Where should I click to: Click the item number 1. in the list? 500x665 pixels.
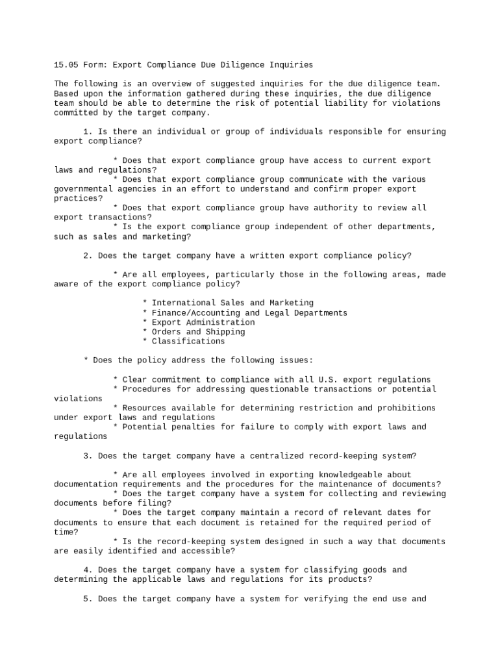88,132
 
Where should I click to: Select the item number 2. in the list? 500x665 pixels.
88,256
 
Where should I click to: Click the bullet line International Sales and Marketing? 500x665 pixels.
232,303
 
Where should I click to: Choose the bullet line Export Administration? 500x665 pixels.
203,322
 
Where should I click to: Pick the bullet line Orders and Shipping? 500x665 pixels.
198,332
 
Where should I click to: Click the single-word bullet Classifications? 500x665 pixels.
188,342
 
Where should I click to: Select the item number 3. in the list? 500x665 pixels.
88,456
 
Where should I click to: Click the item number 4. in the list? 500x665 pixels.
88,570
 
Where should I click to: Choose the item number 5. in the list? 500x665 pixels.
88,599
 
